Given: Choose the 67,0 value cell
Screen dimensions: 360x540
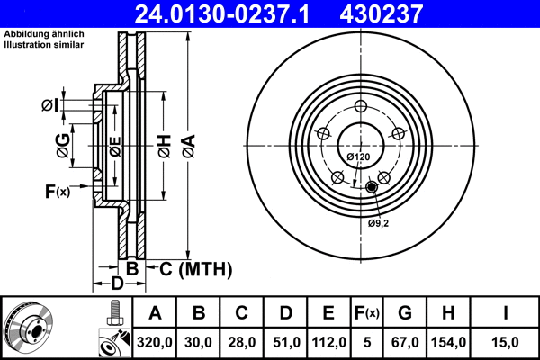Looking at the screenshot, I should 404,342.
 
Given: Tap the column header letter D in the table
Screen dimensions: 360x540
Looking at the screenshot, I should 284,314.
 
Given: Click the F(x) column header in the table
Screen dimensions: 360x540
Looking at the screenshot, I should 366,314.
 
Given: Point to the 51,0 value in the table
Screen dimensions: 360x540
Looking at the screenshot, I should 284,342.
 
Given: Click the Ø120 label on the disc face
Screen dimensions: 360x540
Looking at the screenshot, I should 358,157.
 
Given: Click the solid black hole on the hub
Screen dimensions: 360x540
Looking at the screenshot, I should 372,187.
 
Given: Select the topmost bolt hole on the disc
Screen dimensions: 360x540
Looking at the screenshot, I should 358,105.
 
